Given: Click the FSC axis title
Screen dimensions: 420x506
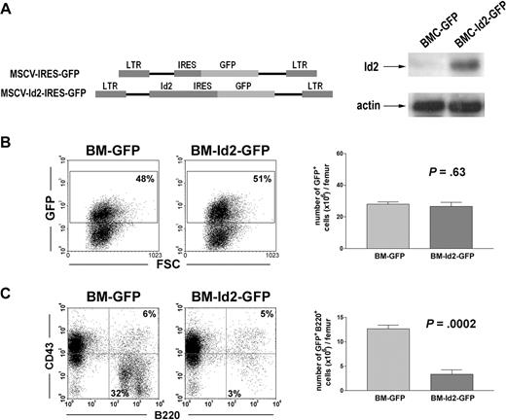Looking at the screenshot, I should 163,262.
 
